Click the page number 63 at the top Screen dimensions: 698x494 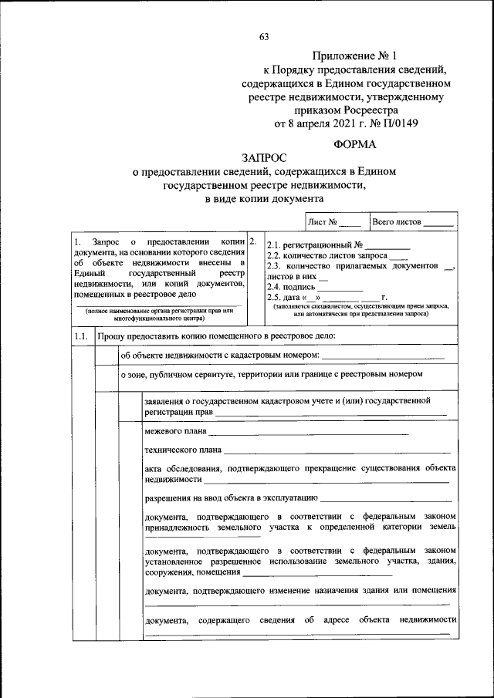264,37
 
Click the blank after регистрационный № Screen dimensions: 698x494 388,244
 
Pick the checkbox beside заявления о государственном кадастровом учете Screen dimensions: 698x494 130,406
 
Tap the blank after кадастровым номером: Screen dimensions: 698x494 383,355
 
